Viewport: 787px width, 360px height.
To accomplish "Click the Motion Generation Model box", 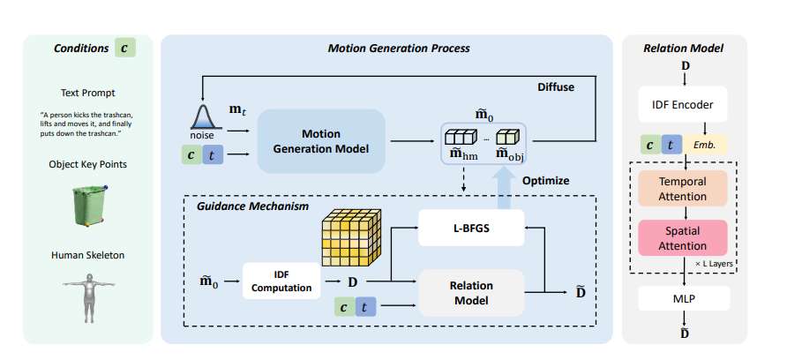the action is pos(321,141).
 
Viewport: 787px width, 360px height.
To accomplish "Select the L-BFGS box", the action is pos(471,228).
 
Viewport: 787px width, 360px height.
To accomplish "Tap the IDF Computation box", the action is pos(281,281).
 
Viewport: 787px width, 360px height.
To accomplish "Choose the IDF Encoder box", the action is pos(682,104).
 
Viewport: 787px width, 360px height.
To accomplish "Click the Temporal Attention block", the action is pos(682,188).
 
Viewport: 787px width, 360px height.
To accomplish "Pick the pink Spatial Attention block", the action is pos(682,238).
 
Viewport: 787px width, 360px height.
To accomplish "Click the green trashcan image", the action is pos(89,205).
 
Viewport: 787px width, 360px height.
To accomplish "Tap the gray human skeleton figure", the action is pos(89,297).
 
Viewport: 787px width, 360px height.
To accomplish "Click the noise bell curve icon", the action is pos(203,116).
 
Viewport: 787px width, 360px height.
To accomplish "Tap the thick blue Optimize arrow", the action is pos(502,190).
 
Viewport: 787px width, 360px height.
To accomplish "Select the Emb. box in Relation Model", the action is pos(706,145).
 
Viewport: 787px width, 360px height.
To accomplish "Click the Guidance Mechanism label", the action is pos(252,206).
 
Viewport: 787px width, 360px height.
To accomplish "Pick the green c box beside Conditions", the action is pos(125,49).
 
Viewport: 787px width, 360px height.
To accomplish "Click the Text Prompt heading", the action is pos(88,93).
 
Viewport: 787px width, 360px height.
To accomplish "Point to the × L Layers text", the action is pos(715,264).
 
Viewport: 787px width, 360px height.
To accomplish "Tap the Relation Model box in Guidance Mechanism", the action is pos(471,293).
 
